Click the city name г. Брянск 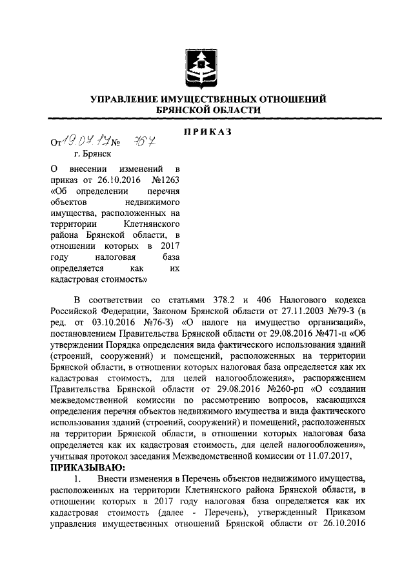91,154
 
